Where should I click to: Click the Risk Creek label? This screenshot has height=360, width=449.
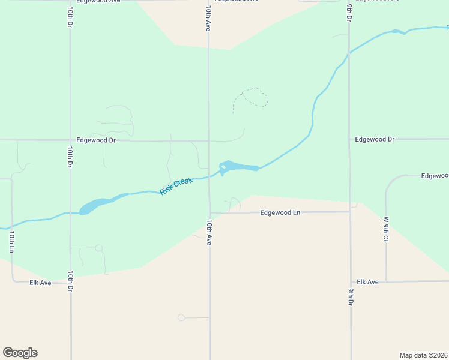pos(176,186)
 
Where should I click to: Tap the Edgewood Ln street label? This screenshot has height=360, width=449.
pos(280,212)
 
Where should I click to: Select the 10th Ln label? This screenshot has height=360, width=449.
pos(11,241)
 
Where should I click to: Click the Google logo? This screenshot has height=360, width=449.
pos(20,353)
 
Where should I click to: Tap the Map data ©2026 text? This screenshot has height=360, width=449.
pos(424,355)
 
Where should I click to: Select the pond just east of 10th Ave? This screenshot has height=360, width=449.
pos(239,166)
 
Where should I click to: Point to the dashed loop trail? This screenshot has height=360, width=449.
pos(255,97)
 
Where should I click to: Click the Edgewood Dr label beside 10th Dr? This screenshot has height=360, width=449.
pos(96,140)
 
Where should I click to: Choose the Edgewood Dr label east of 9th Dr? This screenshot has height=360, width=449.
pos(375,139)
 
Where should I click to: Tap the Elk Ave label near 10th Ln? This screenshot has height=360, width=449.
pos(41,282)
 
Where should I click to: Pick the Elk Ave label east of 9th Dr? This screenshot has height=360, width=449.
pos(367,281)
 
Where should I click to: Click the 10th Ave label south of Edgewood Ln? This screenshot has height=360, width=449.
pos(209,232)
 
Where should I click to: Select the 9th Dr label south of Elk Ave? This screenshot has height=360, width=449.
pos(350,298)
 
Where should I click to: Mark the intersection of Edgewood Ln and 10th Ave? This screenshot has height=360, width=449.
pos(209,212)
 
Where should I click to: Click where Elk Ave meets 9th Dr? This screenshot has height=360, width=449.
pos(350,281)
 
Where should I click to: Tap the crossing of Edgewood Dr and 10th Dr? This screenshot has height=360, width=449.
pos(70,140)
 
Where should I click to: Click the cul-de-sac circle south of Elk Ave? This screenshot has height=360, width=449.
pos(181,317)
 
